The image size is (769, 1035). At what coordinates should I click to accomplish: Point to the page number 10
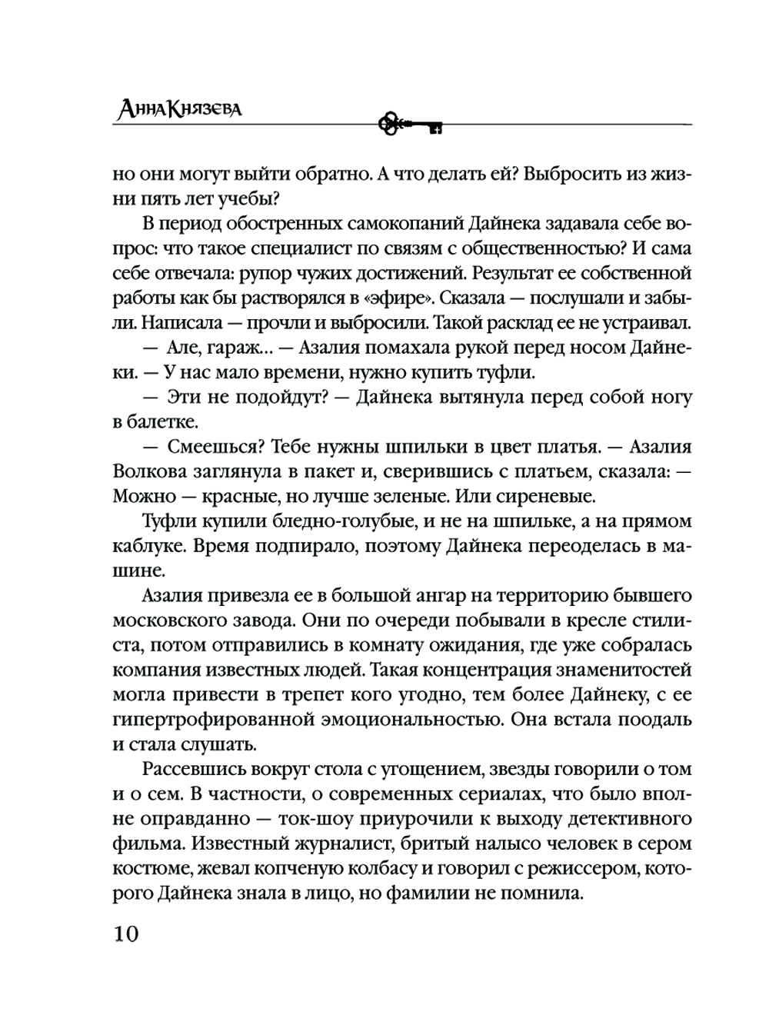[x=126, y=933]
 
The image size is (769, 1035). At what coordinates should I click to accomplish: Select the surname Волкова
[x=151, y=471]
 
